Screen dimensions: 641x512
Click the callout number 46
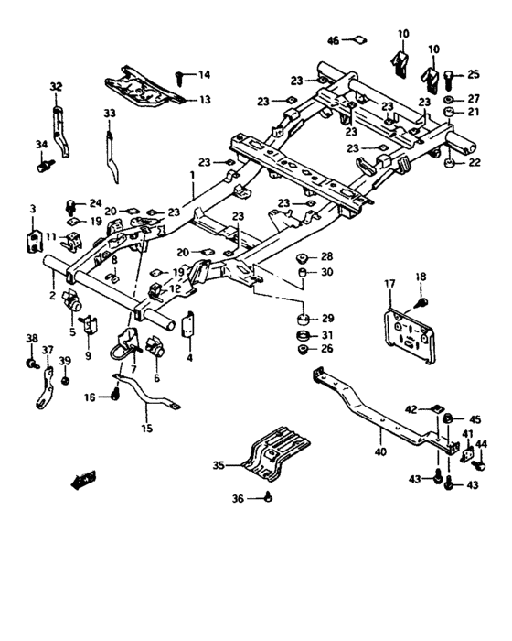pos(333,40)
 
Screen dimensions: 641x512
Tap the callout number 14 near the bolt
pos(203,74)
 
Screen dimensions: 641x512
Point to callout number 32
pos(56,88)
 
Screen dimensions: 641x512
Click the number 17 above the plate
pos(389,284)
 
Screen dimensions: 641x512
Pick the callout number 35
pos(218,466)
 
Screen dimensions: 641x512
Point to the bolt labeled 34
pos(46,168)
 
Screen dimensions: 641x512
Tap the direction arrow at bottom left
pos(85,477)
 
